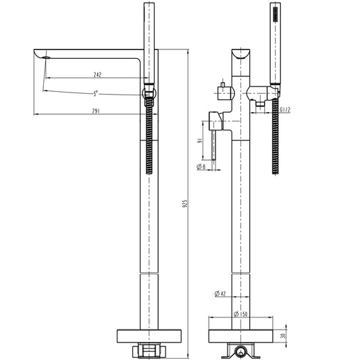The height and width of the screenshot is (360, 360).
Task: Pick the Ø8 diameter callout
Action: tap(201, 166)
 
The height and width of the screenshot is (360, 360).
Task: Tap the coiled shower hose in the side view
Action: tap(149, 135)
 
